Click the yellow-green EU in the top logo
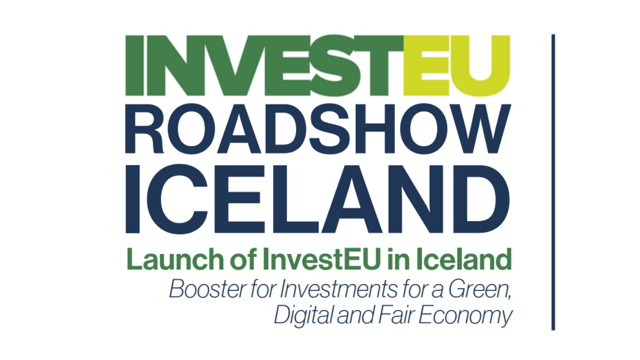[456, 65]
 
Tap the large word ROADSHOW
[318, 128]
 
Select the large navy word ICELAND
[317, 199]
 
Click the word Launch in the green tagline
[175, 259]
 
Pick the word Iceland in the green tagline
[463, 259]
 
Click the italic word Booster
[208, 289]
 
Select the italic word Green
[480, 289]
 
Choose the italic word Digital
[304, 315]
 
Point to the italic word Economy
[465, 315]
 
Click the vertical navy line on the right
[553, 182]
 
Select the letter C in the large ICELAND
[177, 199]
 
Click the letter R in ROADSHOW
[144, 128]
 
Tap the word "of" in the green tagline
[243, 259]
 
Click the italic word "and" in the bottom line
[355, 315]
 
